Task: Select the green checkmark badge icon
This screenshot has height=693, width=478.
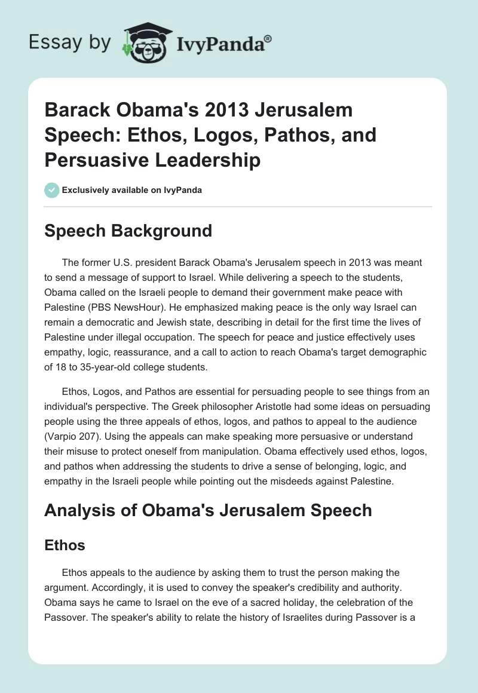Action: (x=51, y=190)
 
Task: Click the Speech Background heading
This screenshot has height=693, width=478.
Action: (x=128, y=231)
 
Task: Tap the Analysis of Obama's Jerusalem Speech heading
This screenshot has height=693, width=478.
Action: (x=208, y=510)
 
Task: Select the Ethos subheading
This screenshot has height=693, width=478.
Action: (x=65, y=545)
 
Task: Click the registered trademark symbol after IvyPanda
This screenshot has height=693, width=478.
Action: (x=268, y=38)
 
